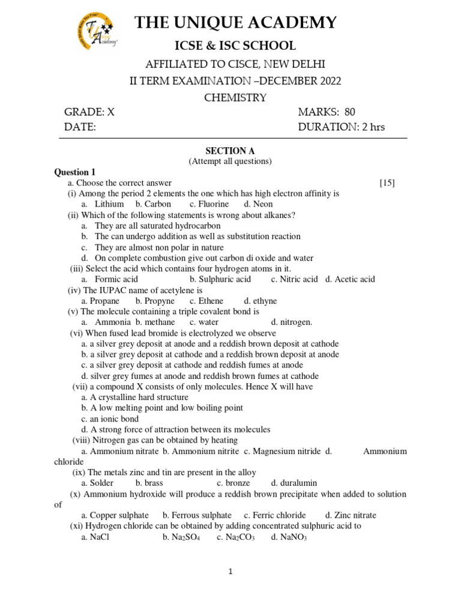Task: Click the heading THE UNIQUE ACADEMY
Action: click(x=236, y=23)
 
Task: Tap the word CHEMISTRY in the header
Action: click(x=236, y=97)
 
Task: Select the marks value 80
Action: click(x=349, y=112)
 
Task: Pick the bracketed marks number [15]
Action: click(x=387, y=183)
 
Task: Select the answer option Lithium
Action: click(x=109, y=204)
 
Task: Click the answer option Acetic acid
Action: click(x=354, y=279)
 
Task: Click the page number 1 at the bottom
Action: click(x=230, y=572)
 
